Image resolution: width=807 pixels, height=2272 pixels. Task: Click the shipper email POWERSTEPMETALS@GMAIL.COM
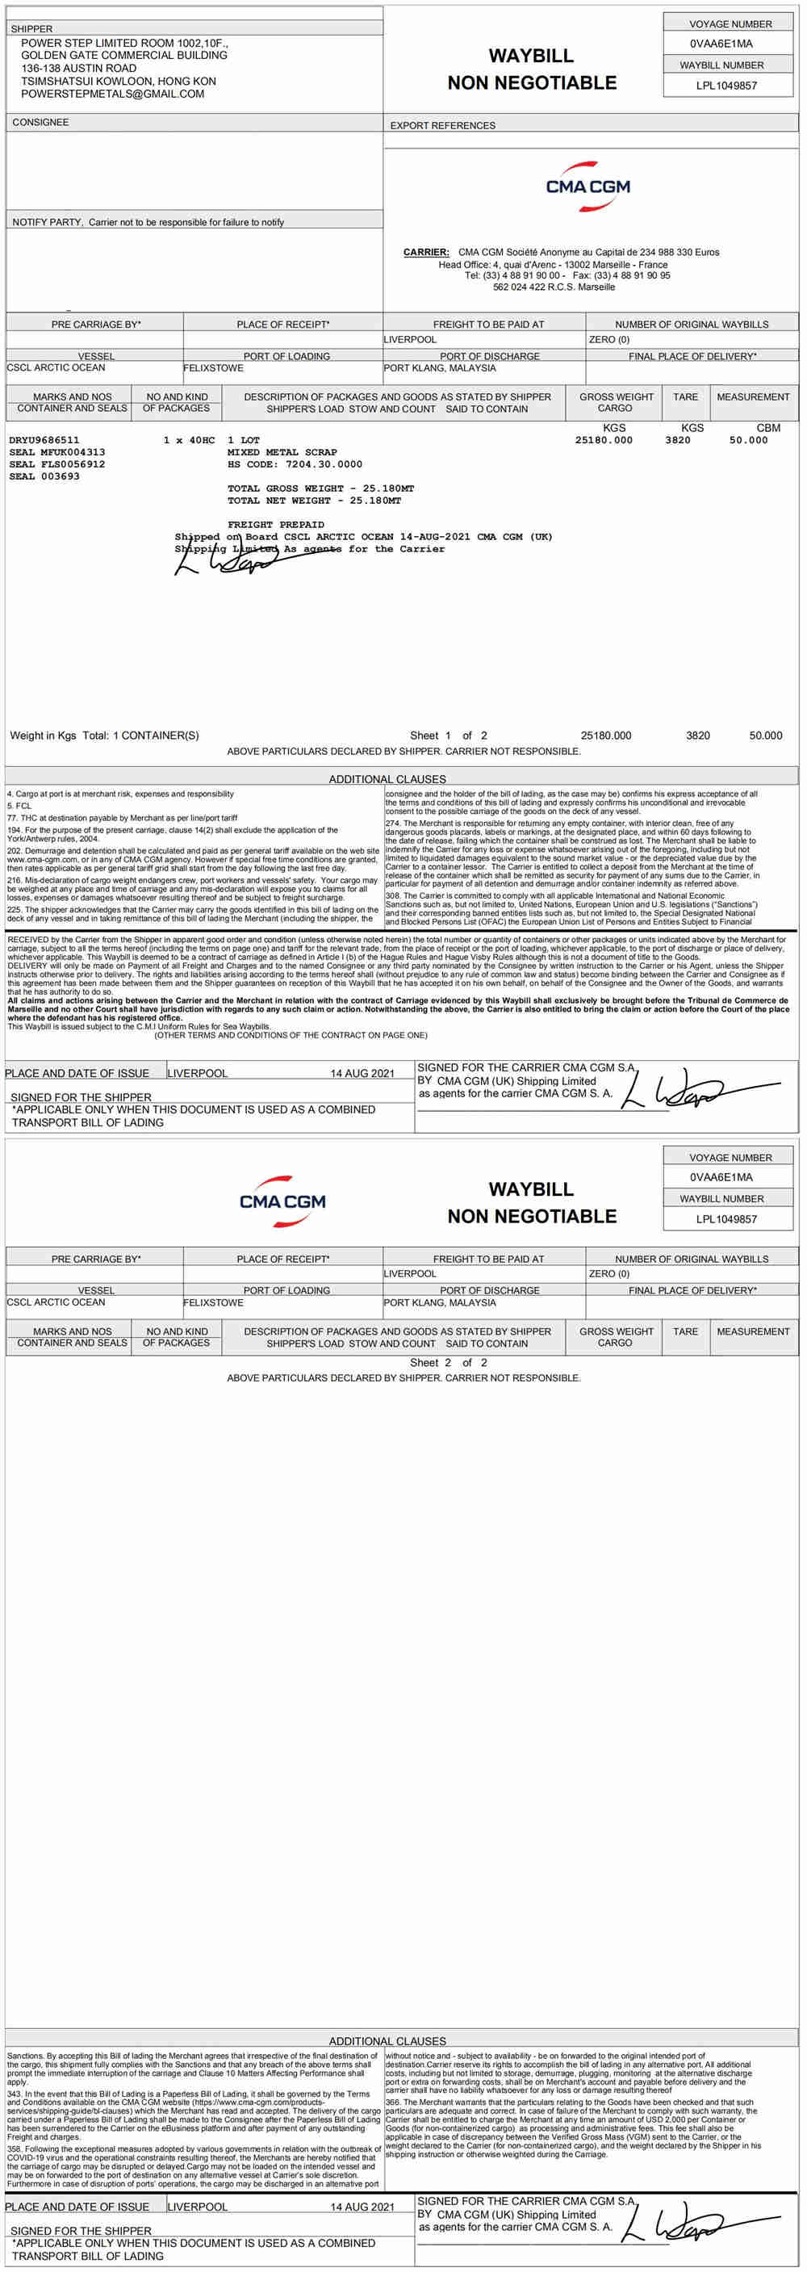[112, 94]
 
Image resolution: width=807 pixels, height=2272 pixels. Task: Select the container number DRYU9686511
[44, 440]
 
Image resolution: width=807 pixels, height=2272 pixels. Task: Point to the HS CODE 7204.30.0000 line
[295, 464]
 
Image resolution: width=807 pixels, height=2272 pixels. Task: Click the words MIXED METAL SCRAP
[282, 451]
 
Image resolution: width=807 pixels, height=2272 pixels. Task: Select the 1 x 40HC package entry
[189, 440]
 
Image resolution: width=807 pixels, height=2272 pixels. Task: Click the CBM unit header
[768, 428]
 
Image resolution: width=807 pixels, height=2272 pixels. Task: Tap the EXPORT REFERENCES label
[443, 125]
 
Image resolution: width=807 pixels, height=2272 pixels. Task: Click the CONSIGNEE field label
[40, 123]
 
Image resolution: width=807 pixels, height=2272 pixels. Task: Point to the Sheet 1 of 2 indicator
[448, 736]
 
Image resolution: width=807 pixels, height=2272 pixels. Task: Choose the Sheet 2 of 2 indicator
[448, 1363]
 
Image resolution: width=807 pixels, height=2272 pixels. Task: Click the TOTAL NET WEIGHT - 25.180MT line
[314, 500]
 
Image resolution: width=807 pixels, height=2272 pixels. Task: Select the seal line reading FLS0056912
[56, 464]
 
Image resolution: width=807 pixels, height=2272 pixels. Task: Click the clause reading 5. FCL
[19, 806]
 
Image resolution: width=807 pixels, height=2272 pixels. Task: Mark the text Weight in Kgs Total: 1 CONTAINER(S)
[104, 736]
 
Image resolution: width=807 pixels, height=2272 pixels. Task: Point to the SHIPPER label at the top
[31, 29]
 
